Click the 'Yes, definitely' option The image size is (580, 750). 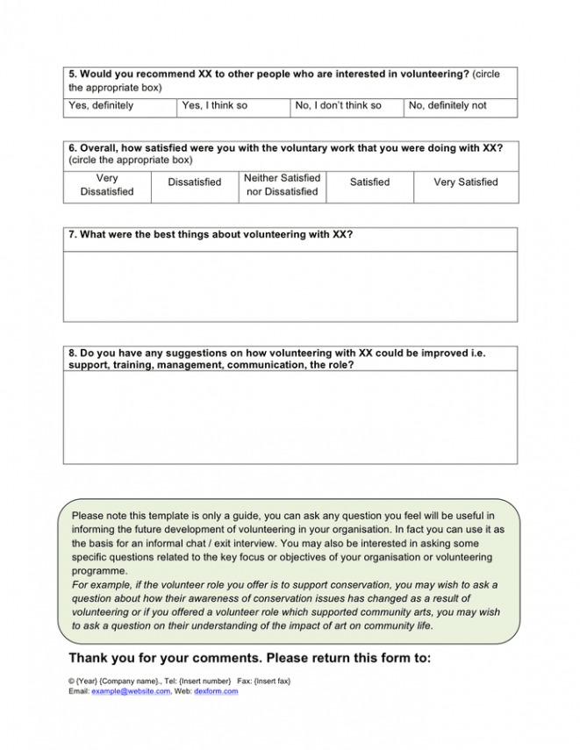coord(102,106)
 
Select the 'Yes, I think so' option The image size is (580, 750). coord(214,106)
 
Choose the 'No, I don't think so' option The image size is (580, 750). coord(338,106)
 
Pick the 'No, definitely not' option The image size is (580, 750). coord(448,106)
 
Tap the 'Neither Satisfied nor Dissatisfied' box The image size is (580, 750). coord(282,185)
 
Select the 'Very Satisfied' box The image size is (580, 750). coord(465,182)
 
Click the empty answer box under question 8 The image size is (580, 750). coord(290,417)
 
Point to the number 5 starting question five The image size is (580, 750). coord(72,75)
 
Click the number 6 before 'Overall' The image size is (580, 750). coord(72,148)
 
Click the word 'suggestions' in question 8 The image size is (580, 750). coord(183,354)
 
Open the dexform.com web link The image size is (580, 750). coord(216,691)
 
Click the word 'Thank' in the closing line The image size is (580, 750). coord(89,659)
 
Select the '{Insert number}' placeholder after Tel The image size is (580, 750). coord(204,682)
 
